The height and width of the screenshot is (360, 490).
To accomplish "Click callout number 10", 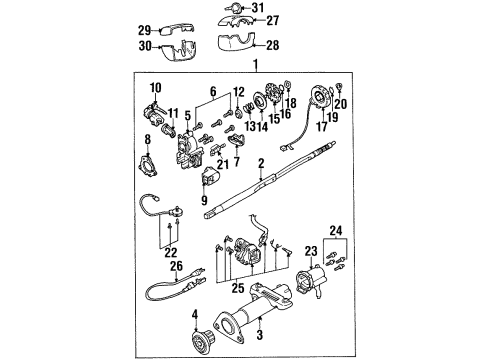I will coord(155,86).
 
